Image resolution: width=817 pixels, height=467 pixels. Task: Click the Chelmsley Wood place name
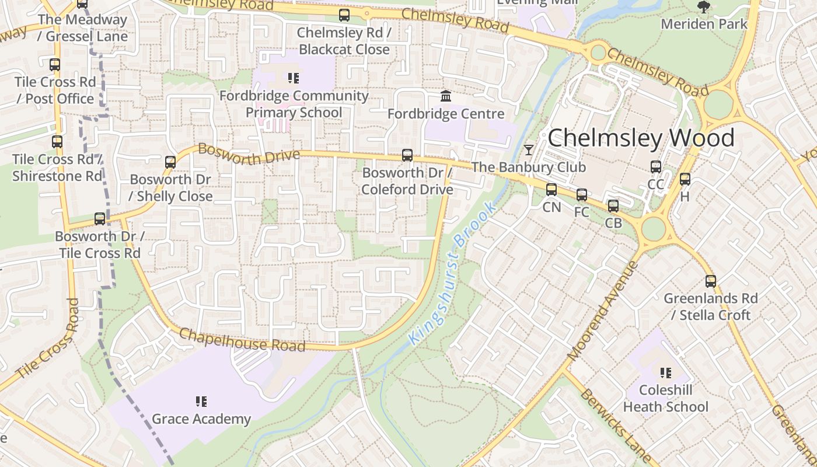point(641,138)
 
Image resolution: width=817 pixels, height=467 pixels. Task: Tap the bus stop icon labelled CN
point(551,190)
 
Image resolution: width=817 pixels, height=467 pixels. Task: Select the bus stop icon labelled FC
point(582,195)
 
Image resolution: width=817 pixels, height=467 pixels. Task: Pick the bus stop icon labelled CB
point(613,206)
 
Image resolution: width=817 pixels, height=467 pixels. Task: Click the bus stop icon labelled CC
point(655,168)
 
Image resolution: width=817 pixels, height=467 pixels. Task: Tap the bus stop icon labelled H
point(685,180)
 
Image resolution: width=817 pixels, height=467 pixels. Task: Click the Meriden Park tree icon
point(704,8)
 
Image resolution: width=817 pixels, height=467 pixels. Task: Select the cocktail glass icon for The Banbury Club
point(528,150)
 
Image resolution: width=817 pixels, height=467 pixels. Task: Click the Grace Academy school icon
point(201,402)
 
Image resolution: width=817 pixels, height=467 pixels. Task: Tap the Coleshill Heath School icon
point(665,372)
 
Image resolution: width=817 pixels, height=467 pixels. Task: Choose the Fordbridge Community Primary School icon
point(294,78)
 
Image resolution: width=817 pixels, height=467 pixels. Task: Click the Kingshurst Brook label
point(453,273)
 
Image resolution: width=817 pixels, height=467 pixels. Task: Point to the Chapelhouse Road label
point(242,340)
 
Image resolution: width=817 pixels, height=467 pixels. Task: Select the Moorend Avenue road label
point(603,310)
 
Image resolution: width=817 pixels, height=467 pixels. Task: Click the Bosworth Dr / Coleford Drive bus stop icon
point(407,155)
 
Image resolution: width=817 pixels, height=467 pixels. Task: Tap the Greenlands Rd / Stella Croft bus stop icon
point(710,281)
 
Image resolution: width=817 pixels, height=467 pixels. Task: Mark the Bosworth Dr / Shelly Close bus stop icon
point(170,162)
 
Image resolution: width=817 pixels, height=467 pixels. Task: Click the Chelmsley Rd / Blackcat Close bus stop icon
point(344,15)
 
